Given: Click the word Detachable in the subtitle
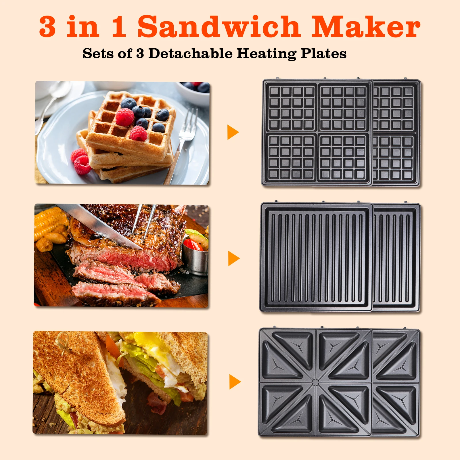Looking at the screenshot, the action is tap(190, 53).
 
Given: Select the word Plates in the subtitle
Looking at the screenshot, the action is tap(323, 53).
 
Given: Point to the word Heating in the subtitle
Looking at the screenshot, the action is tap(267, 54).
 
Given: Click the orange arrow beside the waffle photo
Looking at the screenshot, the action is tap(233, 132).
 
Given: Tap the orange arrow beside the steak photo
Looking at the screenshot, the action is tap(234, 258).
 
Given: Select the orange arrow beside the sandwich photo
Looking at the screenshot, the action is tap(235, 382).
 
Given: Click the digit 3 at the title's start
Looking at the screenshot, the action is tap(47, 26).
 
